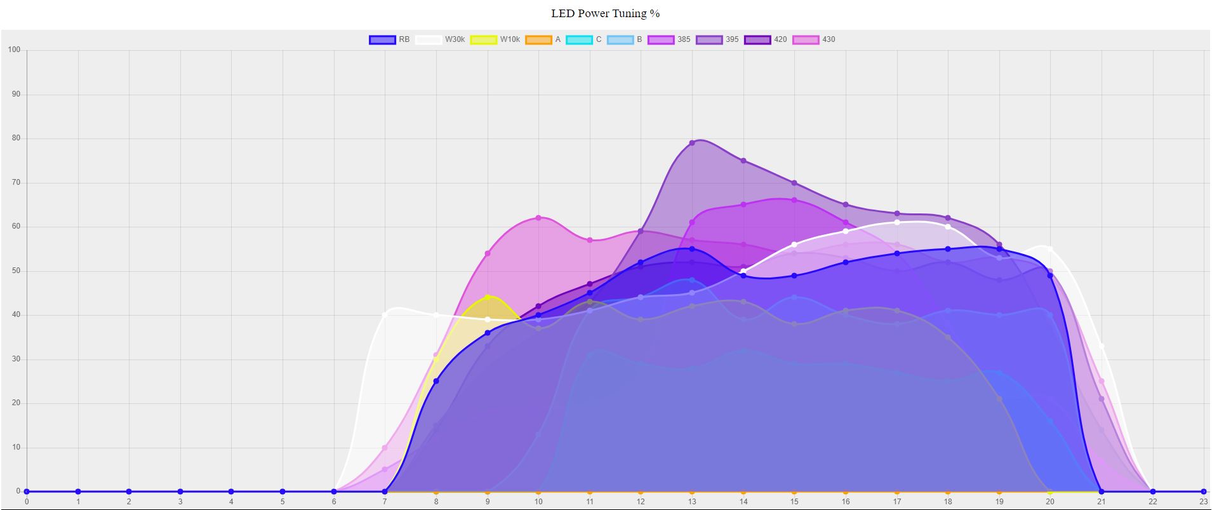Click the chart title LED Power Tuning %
(x=605, y=13)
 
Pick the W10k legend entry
(x=495, y=39)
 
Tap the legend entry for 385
(x=669, y=39)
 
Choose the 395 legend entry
(x=717, y=39)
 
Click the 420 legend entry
(x=766, y=39)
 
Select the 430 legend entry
(x=814, y=39)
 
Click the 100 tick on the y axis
(x=14, y=50)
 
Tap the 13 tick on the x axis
(x=692, y=502)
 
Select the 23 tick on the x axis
(x=1203, y=502)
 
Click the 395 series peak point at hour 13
(x=692, y=143)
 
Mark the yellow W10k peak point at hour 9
(x=488, y=297)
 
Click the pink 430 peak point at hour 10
(x=538, y=218)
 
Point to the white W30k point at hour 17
(x=896, y=222)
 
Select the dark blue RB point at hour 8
(x=436, y=381)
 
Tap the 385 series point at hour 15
(x=794, y=200)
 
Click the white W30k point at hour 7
(x=385, y=315)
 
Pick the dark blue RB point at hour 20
(x=1050, y=276)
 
